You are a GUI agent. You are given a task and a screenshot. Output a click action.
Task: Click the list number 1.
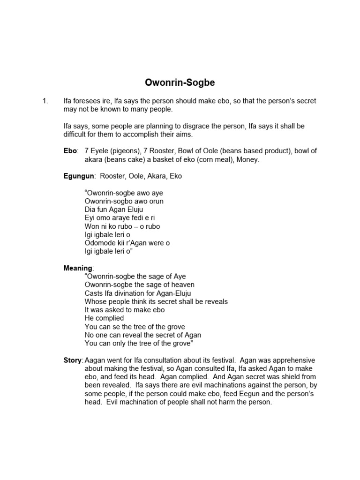[45, 101]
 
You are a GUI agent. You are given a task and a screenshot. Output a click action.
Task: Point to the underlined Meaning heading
[78, 268]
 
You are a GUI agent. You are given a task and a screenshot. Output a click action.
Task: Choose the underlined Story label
[73, 360]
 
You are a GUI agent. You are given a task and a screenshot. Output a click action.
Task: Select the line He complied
[105, 318]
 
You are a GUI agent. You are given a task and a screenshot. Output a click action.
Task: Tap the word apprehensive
[289, 360]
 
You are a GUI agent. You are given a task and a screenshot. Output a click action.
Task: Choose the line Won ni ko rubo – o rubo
[122, 226]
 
